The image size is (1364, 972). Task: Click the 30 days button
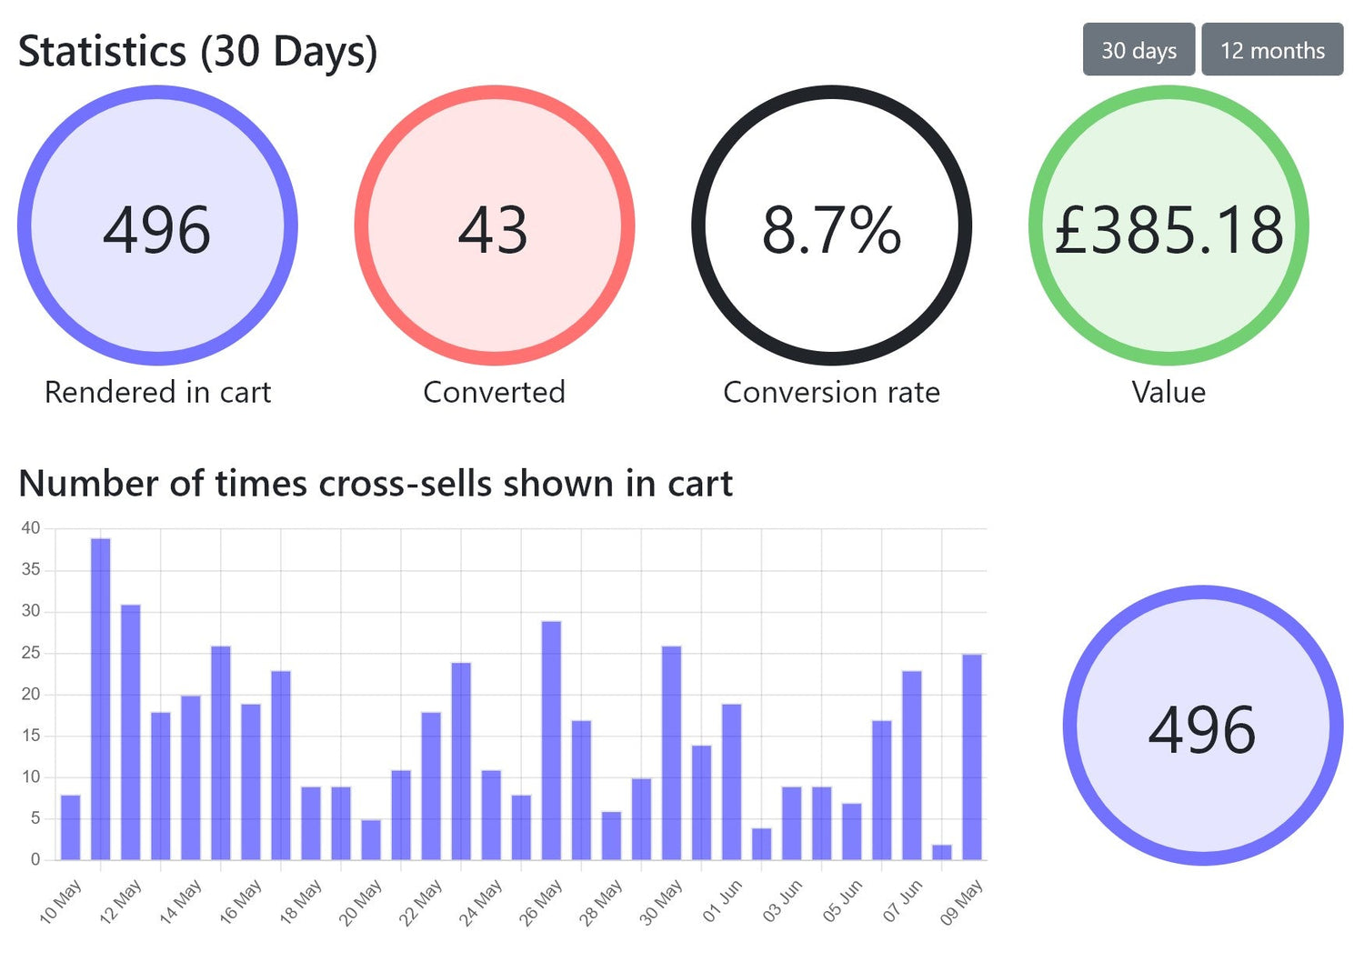click(1138, 50)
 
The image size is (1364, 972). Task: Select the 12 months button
click(1272, 50)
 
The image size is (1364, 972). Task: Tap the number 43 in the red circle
click(493, 229)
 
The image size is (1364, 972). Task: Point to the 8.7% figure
click(831, 229)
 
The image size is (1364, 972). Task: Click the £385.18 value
click(1168, 229)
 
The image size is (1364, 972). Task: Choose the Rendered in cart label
click(157, 392)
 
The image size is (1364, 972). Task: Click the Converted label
click(494, 392)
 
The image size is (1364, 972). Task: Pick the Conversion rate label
click(831, 392)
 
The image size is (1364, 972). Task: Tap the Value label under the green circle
click(1168, 392)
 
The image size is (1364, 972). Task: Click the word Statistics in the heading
click(102, 52)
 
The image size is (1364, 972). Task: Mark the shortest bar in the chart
click(942, 852)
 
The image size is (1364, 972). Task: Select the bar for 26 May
click(551, 740)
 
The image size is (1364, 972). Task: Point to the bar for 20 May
click(371, 839)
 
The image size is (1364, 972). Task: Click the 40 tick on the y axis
click(31, 528)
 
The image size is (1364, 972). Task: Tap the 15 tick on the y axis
click(31, 736)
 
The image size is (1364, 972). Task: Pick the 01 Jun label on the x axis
click(723, 900)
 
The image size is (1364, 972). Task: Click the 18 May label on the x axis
click(301, 901)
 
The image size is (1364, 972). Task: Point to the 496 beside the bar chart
click(1202, 729)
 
